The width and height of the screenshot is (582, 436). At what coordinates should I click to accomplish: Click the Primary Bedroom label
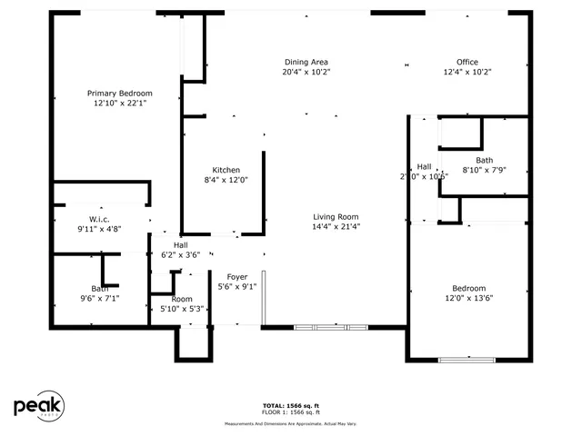(119, 94)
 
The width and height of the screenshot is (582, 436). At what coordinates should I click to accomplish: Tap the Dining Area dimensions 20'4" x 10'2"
(306, 72)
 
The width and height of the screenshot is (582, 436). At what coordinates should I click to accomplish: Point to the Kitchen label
(226, 170)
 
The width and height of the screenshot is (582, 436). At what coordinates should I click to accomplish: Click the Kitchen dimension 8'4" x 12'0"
(226, 180)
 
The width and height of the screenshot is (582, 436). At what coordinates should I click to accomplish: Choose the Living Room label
(336, 216)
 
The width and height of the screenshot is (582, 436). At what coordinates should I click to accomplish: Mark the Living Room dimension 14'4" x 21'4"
(336, 226)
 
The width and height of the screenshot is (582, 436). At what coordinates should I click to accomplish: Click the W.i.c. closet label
(99, 219)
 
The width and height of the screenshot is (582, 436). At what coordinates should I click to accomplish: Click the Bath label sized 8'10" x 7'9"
(484, 160)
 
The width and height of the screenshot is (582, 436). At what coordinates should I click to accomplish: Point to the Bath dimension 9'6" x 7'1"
(99, 298)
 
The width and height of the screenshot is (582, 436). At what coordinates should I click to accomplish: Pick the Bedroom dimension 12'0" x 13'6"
(469, 298)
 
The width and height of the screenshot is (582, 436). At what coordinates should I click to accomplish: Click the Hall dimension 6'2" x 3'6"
(180, 256)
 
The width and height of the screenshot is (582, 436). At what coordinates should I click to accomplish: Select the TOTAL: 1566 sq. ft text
(291, 405)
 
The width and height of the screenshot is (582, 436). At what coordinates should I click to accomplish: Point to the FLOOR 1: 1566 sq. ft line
(291, 413)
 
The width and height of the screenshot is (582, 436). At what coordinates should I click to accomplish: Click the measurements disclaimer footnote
(291, 423)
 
